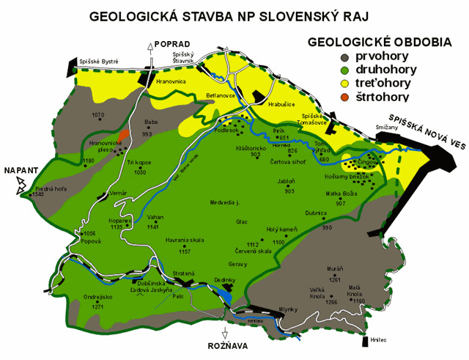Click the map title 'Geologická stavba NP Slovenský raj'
[234, 15]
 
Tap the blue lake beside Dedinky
[224, 295]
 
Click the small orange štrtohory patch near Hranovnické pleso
[126, 133]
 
